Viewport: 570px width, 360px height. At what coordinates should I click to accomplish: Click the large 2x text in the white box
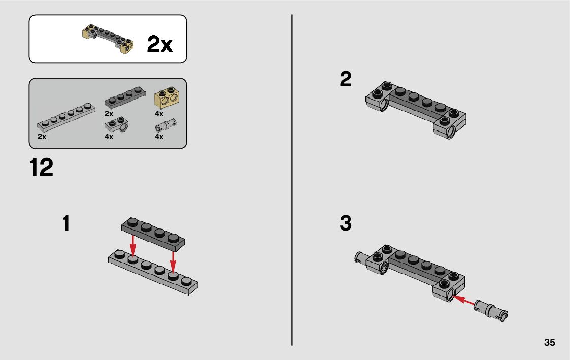(x=159, y=44)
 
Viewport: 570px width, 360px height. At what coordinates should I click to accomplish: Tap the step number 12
(x=41, y=168)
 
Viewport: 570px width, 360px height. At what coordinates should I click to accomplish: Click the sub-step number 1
(x=66, y=223)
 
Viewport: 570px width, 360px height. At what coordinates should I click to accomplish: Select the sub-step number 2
(x=346, y=79)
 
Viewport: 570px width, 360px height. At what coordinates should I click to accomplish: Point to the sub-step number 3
(x=346, y=223)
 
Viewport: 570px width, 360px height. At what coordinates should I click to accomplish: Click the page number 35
(x=549, y=342)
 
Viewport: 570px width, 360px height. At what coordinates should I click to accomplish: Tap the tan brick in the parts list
(x=166, y=97)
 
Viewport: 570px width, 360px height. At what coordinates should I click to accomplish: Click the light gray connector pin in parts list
(x=166, y=125)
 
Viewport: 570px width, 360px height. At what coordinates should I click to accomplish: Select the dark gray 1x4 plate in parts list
(x=125, y=97)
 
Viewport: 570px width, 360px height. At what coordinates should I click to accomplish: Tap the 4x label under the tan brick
(x=159, y=113)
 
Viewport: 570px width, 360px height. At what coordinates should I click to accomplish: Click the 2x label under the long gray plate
(x=42, y=137)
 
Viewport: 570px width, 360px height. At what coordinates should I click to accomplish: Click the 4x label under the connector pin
(x=159, y=137)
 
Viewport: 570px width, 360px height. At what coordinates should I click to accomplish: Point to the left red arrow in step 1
(x=133, y=246)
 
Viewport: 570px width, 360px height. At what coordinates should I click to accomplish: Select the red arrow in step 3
(x=464, y=301)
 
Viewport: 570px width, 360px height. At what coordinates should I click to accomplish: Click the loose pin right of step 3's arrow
(x=491, y=310)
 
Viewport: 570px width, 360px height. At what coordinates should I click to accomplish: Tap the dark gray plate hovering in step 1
(x=153, y=235)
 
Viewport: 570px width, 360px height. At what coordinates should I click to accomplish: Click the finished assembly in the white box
(x=108, y=39)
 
